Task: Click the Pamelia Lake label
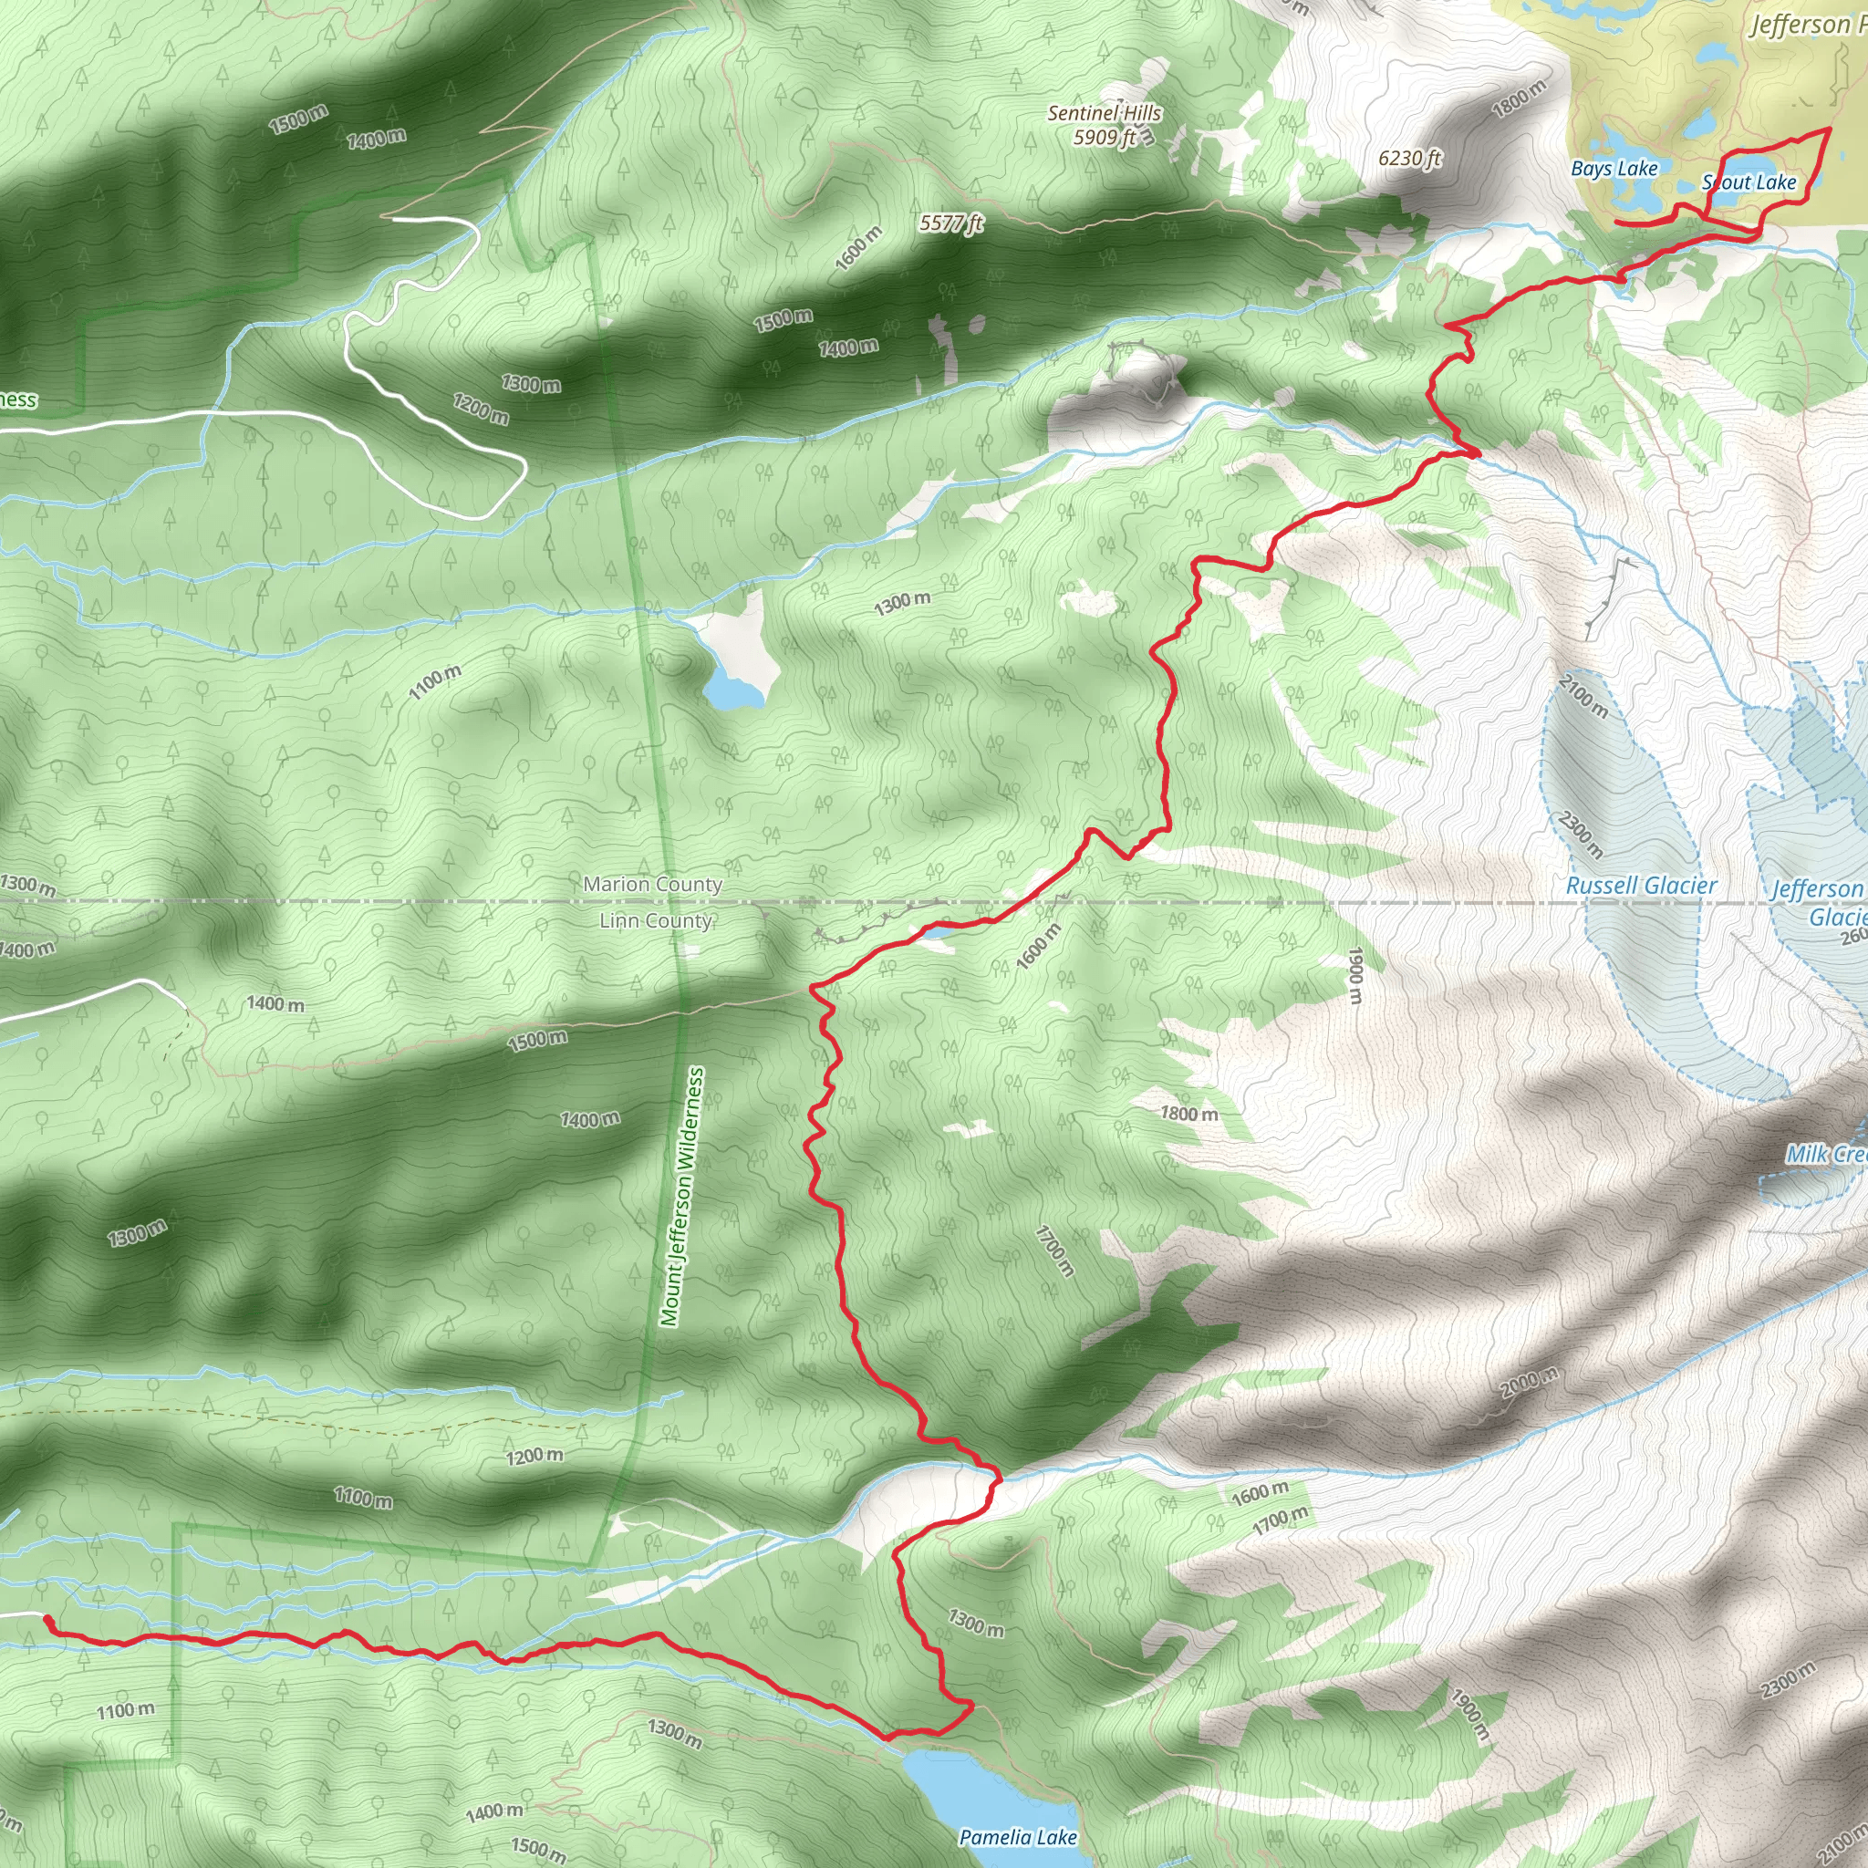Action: (x=1017, y=1836)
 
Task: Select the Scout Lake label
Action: (x=1749, y=182)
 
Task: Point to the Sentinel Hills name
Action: (x=1105, y=113)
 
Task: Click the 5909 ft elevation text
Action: (x=1105, y=138)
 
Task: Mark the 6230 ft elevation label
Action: (x=1410, y=159)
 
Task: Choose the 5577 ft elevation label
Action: (x=950, y=223)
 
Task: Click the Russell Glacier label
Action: (x=1641, y=886)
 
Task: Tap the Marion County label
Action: (x=653, y=885)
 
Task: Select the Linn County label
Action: (x=656, y=920)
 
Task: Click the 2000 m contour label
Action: (x=1529, y=1384)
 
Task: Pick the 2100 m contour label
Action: (x=1583, y=697)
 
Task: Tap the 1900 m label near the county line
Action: (x=1355, y=975)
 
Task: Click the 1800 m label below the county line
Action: (x=1188, y=1114)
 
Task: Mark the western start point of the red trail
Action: (x=47, y=1619)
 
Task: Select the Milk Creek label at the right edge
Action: (x=1825, y=1155)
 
